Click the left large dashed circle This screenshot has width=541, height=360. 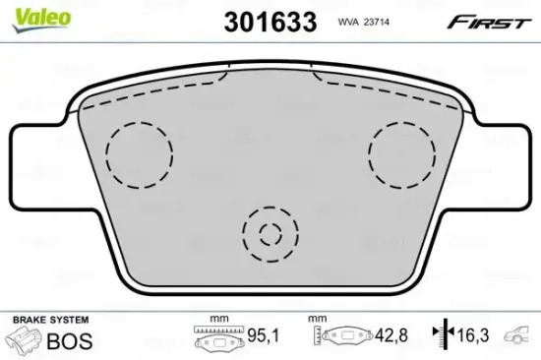[x=139, y=152]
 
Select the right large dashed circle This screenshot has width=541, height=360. [x=401, y=151]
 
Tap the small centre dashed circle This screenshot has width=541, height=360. [x=270, y=234]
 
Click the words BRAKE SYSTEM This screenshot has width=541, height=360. [x=50, y=321]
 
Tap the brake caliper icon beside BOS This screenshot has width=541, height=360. [x=24, y=340]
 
